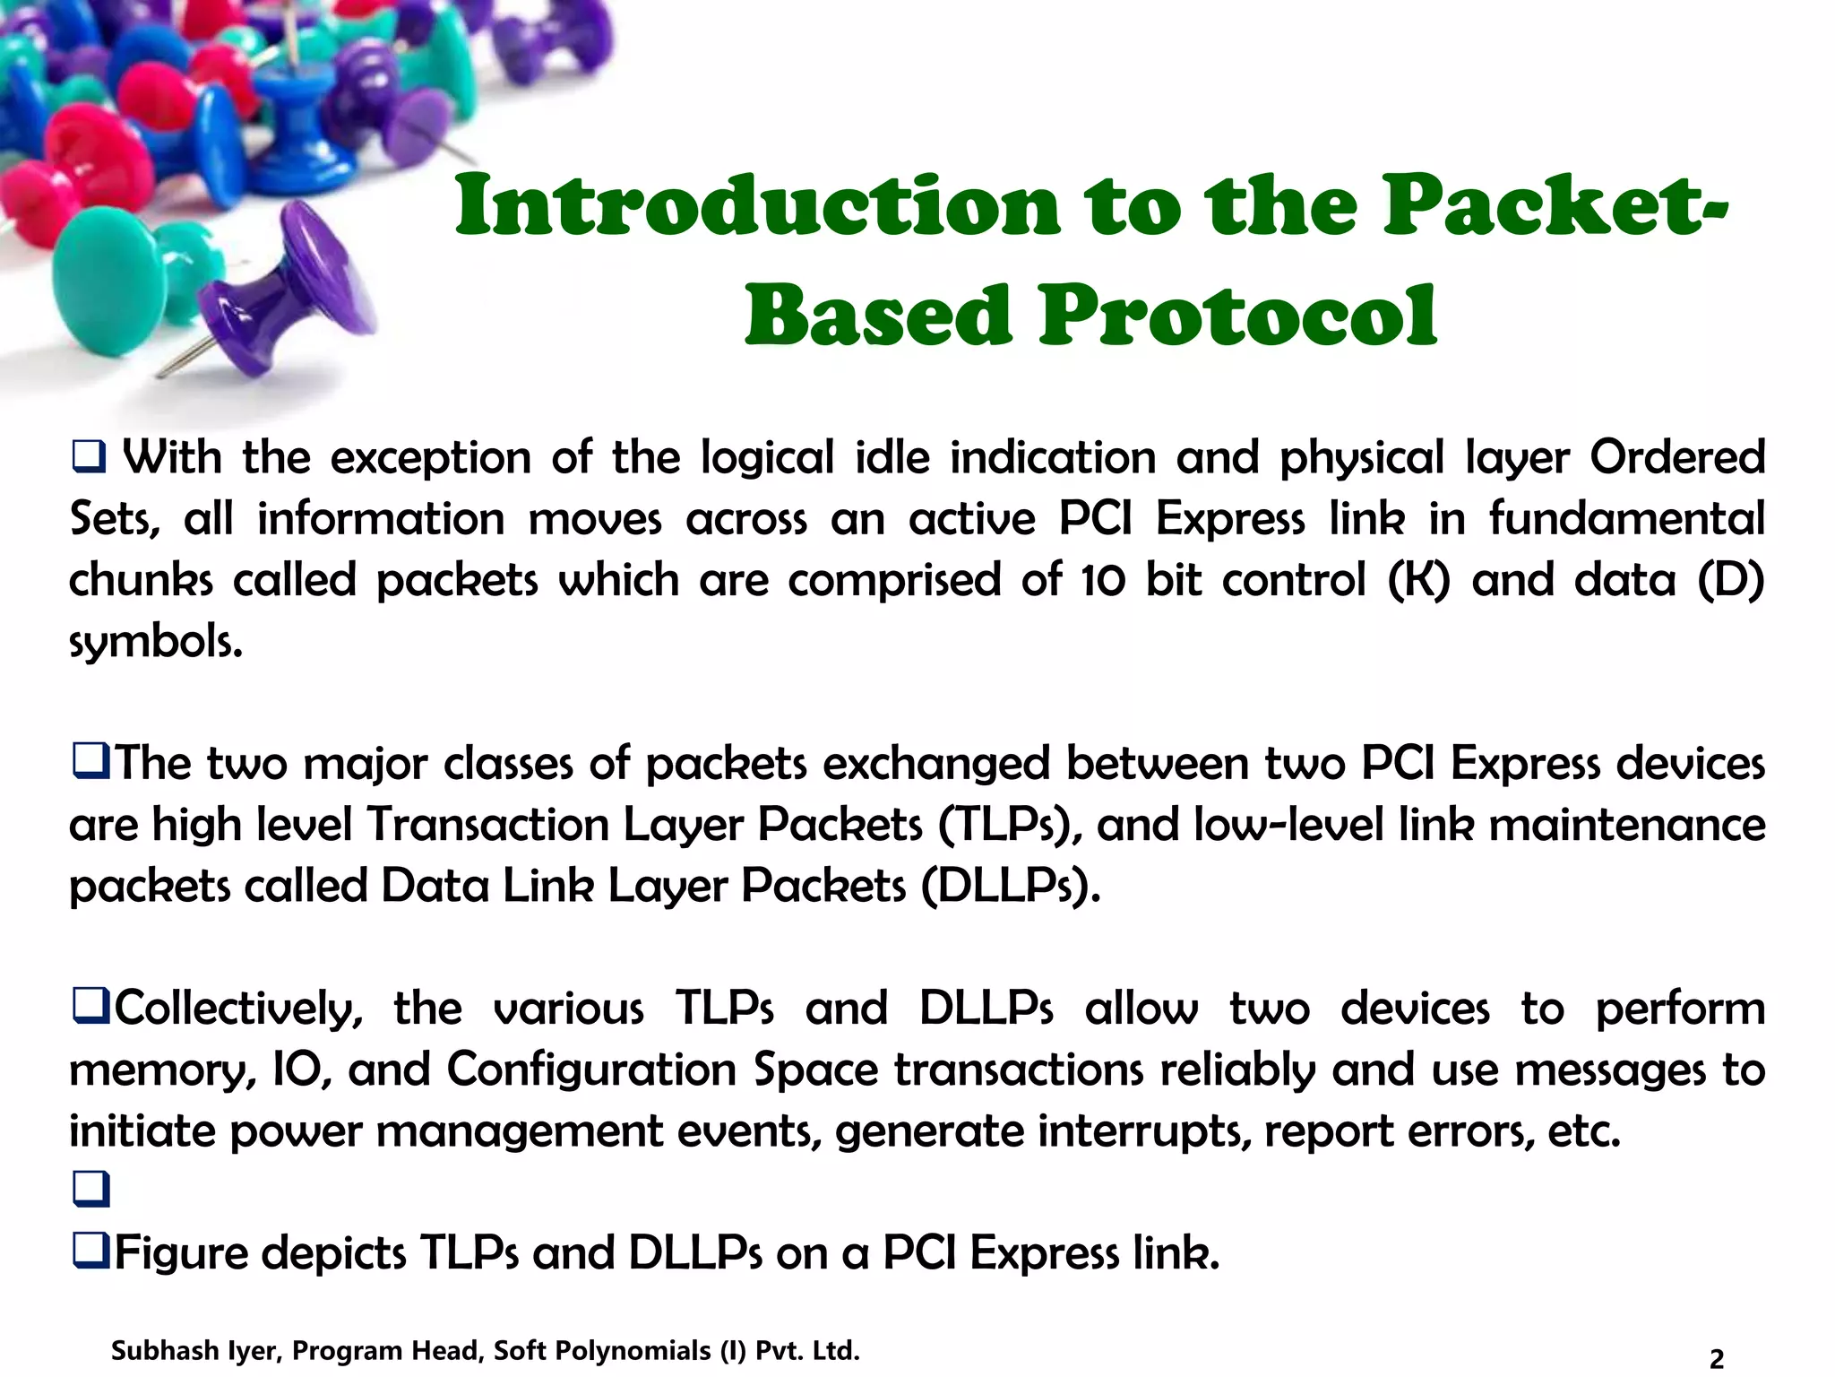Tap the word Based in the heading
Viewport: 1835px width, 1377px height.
[877, 316]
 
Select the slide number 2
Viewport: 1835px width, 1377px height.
[1716, 1359]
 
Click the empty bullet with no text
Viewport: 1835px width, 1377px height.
[90, 1190]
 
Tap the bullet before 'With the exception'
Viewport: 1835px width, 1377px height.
[89, 457]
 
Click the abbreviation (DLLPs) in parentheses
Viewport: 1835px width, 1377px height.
[1010, 887]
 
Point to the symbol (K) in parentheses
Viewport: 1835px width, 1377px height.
[1418, 580]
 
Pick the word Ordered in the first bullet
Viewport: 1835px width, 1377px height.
[1676, 457]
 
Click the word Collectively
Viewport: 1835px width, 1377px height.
[238, 1009]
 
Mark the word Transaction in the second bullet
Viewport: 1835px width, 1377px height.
[487, 825]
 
